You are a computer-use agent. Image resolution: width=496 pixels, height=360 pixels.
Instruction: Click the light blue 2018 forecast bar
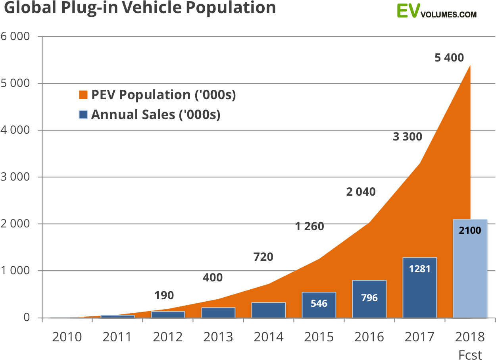pos(470,278)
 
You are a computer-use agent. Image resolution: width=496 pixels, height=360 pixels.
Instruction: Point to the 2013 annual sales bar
pos(218,312)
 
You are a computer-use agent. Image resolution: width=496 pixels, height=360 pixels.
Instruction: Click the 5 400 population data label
pos(449,58)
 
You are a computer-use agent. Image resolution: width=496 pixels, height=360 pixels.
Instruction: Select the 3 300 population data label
pos(408,137)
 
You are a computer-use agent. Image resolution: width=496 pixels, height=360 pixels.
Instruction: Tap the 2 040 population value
pos(361,192)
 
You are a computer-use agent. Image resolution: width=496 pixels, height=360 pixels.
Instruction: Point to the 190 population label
pos(164,296)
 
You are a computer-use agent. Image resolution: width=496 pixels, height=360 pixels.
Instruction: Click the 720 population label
pos(263,257)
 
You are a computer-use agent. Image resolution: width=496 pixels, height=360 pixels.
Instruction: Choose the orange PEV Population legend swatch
pos(83,95)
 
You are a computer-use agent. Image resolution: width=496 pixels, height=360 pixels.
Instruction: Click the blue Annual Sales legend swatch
pos(83,115)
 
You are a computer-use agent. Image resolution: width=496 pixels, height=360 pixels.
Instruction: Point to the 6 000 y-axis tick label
pos(15,37)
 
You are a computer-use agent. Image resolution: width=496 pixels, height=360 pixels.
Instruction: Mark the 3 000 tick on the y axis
pos(15,177)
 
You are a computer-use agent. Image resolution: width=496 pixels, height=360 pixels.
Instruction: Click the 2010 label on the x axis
pos(67,337)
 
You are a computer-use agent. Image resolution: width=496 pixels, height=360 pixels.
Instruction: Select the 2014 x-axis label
pos(269,337)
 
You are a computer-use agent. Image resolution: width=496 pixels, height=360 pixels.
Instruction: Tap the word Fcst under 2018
pos(470,354)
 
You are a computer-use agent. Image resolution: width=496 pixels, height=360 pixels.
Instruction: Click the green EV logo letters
pos(408,11)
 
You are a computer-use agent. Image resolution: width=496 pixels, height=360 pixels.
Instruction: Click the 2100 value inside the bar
pos(470,230)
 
